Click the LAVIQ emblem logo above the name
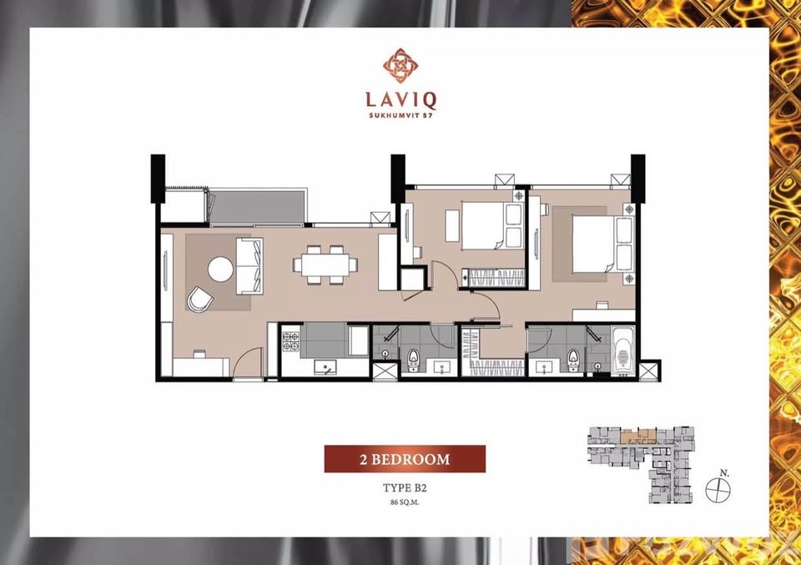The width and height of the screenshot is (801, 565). tap(400, 65)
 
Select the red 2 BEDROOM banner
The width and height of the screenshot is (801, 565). tap(405, 459)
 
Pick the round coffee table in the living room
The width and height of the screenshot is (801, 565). tap(221, 269)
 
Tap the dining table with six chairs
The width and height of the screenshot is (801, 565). tap(325, 265)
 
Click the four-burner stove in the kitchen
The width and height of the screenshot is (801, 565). tap(291, 341)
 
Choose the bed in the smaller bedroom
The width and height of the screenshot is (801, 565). tap(486, 225)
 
